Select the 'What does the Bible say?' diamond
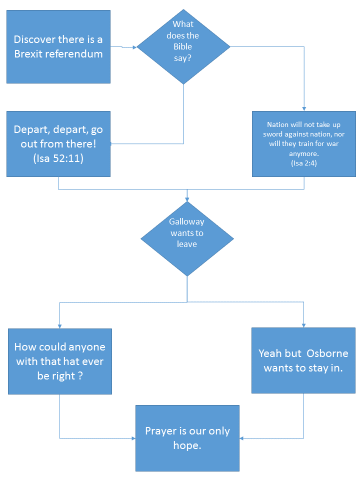tap(183, 46)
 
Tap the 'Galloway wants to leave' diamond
tap(187, 239)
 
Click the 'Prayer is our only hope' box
tap(187, 438)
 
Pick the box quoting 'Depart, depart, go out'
tap(58, 144)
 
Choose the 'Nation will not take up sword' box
tap(303, 143)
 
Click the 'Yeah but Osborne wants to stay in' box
tap(303, 360)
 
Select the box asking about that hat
tap(59, 361)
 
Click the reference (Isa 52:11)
tap(58, 159)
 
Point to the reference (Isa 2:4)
tap(303, 163)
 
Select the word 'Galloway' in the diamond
tap(186, 222)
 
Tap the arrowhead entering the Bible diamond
tap(134, 47)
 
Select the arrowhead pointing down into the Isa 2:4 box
tap(303, 108)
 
